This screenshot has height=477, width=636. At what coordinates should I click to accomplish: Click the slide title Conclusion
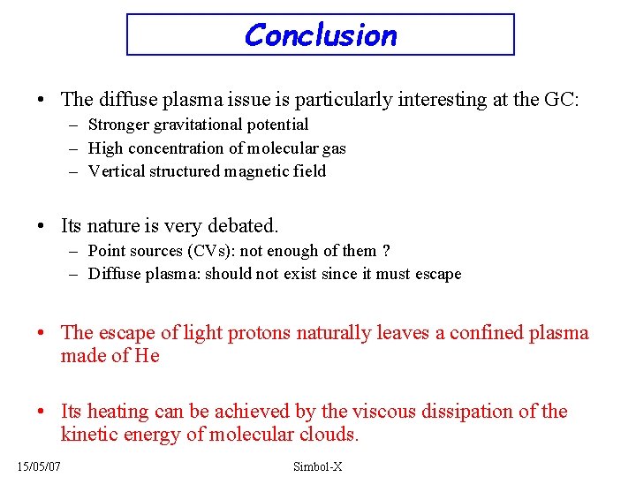320,35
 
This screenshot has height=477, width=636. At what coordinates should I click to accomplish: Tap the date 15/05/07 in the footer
38,465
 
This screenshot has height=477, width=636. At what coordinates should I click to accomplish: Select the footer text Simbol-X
318,466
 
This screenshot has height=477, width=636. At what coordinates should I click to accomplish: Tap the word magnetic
254,171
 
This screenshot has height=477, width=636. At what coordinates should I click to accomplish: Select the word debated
245,227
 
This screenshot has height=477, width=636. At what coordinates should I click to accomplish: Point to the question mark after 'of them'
386,251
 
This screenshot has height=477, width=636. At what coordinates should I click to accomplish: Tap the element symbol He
147,356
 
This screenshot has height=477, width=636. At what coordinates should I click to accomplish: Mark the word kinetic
88,435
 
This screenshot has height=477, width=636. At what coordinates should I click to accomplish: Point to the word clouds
328,435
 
